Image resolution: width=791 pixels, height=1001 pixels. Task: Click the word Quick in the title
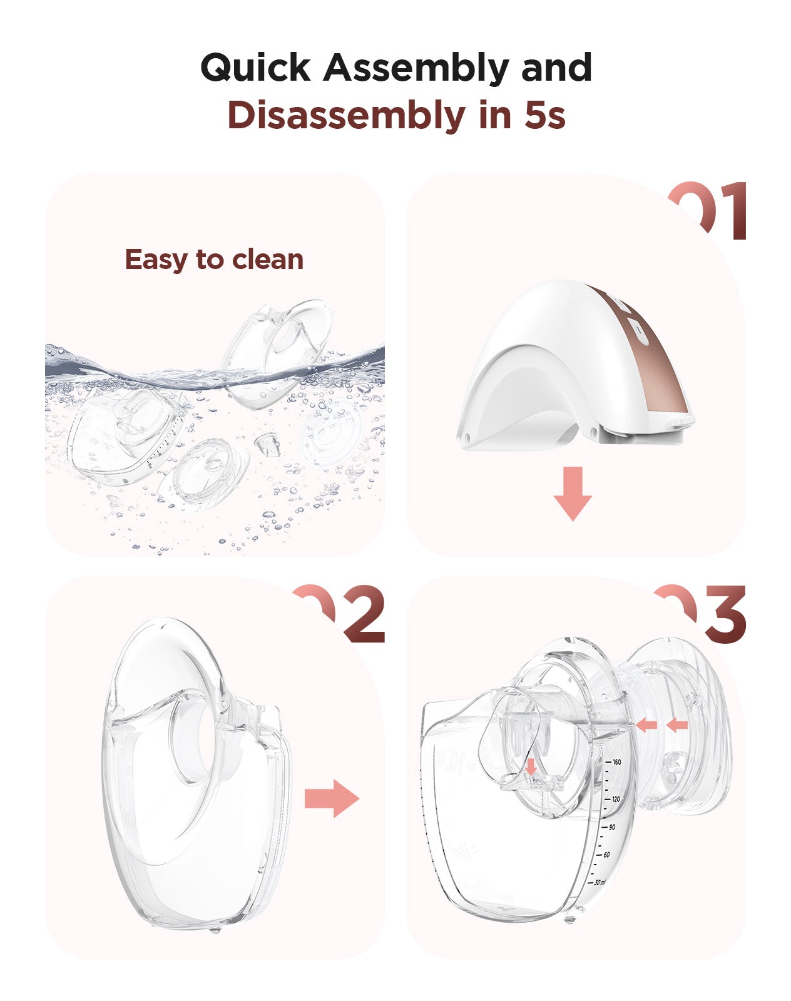tap(255, 68)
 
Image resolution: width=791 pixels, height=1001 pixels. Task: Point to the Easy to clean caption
tap(214, 260)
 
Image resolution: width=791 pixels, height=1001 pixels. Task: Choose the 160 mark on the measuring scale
tap(616, 762)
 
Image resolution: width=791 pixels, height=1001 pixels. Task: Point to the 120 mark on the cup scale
tap(615, 800)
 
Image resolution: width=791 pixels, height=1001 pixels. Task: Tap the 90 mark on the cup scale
tap(611, 827)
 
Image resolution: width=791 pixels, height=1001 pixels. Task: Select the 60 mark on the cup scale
tap(606, 855)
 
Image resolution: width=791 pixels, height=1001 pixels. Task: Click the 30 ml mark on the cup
tap(600, 882)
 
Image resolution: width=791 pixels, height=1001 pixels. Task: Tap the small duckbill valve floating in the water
tap(263, 445)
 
